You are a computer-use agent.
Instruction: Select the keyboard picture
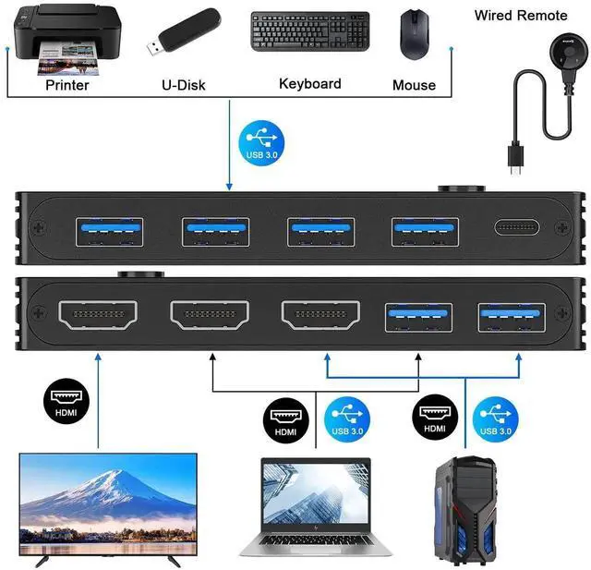tap(309, 32)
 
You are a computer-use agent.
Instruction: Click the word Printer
tap(67, 85)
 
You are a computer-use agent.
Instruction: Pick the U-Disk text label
tap(183, 85)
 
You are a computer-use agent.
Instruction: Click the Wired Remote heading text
tap(521, 15)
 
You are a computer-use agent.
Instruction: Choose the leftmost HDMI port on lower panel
tap(97, 315)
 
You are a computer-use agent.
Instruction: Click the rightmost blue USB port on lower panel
tap(511, 317)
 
